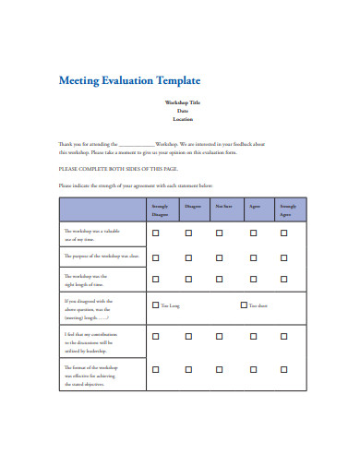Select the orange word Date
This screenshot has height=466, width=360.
point(182,110)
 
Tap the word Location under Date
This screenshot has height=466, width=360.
point(182,119)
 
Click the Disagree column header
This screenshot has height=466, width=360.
point(192,205)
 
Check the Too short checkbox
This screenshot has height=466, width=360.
point(244,305)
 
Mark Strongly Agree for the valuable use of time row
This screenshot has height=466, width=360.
point(284,233)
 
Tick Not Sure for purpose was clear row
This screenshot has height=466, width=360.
point(220,256)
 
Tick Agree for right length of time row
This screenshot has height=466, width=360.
point(253,279)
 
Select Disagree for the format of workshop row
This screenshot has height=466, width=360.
point(188,369)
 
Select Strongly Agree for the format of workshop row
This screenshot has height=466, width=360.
point(284,369)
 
